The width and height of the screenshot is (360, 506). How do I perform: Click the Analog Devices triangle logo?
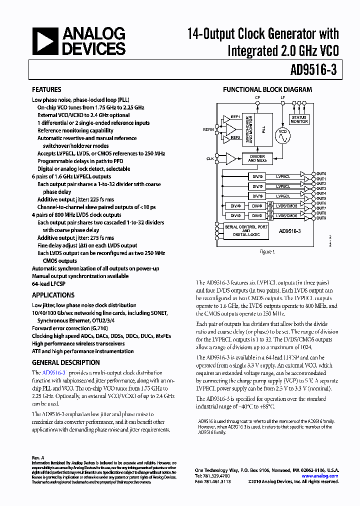[x=45, y=41]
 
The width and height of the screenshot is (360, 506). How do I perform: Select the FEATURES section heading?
[x=46, y=90]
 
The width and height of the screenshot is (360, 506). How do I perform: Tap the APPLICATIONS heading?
[x=53, y=295]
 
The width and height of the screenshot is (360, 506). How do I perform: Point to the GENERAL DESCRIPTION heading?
[x=65, y=362]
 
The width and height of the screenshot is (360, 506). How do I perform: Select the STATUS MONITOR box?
[x=299, y=119]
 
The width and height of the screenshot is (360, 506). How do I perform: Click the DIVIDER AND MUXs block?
[x=257, y=158]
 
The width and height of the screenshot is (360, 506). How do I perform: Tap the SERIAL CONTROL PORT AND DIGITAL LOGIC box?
[x=245, y=230]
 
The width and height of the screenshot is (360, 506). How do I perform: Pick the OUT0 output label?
[x=321, y=173]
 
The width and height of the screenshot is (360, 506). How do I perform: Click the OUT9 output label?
[x=321, y=218]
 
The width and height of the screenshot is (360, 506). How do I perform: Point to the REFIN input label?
[x=208, y=129]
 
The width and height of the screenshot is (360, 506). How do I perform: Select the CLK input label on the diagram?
[x=210, y=158]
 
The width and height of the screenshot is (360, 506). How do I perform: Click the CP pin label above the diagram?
[x=257, y=97]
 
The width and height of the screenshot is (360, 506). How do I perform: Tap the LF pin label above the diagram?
[x=282, y=97]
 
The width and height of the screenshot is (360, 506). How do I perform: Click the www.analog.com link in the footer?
[x=322, y=476]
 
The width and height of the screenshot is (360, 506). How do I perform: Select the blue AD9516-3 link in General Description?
[x=54, y=373]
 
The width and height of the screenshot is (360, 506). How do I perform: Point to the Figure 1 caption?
[x=267, y=252]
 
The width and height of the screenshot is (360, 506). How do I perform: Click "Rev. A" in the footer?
[x=38, y=457]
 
